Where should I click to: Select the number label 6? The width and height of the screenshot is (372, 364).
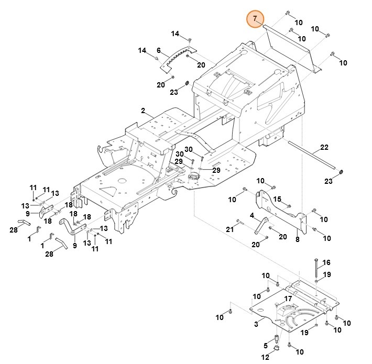pos(158,50)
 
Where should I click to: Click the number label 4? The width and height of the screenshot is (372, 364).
pos(252,215)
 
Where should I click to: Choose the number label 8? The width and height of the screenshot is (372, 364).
pos(298,240)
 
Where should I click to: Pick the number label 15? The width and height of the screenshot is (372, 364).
pos(278,199)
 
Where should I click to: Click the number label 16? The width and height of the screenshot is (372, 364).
pos(326,262)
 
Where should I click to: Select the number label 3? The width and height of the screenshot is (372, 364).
pos(256,325)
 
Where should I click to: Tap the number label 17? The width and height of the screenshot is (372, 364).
pos(288,299)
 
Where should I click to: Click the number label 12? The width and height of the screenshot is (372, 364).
pos(265,357)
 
